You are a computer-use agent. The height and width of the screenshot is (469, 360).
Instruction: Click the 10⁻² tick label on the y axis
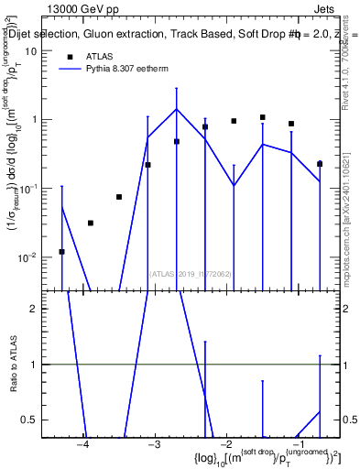[27, 257]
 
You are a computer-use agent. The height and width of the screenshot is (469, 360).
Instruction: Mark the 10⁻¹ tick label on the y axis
[27, 189]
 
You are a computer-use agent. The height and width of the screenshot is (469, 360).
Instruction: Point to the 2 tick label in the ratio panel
[33, 309]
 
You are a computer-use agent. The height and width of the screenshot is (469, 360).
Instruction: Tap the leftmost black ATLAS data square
[61, 251]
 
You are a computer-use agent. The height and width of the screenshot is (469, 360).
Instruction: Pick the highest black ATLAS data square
[262, 117]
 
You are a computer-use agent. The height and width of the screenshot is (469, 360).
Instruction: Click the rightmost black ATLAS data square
[320, 164]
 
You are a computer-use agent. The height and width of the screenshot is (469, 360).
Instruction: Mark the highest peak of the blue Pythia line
[177, 109]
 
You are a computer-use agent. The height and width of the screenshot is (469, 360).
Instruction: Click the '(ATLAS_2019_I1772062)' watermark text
[191, 273]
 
